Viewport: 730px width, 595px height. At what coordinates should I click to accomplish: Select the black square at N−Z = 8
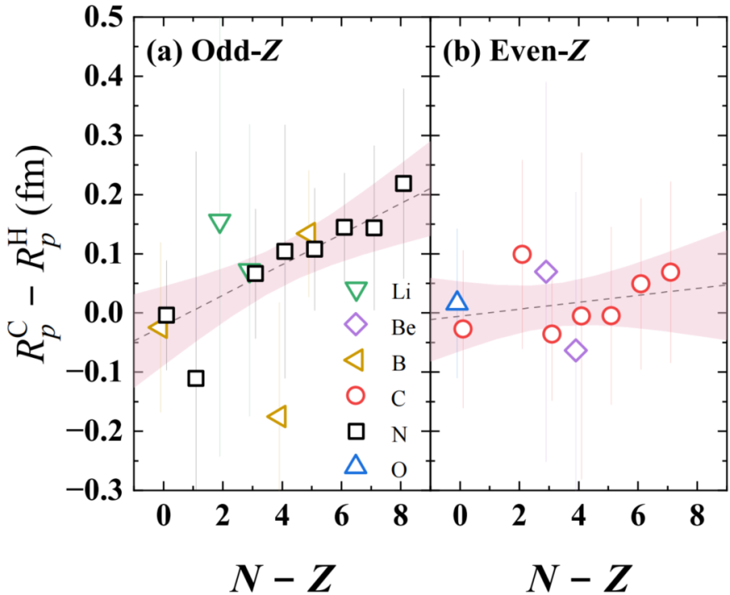click(x=404, y=184)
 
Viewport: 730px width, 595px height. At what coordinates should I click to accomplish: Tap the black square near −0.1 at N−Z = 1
click(x=196, y=378)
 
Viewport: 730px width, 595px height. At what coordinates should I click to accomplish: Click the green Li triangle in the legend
click(x=356, y=291)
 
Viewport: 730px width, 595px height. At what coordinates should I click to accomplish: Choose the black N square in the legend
click(x=356, y=431)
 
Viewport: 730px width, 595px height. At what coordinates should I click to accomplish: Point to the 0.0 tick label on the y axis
click(x=101, y=313)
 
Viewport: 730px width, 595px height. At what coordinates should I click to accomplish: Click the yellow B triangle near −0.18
click(x=277, y=416)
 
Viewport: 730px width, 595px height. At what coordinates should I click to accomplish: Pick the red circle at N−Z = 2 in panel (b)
click(x=522, y=255)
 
